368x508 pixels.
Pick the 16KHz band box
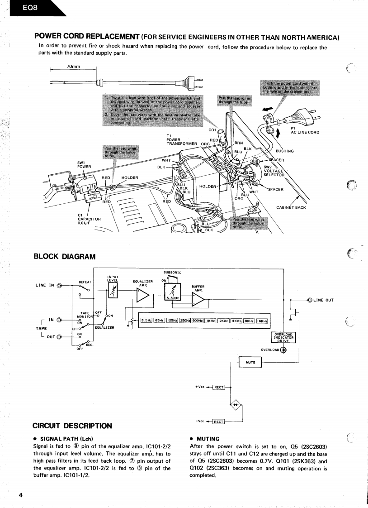coord(262,321)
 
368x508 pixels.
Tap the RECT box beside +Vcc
coord(219,387)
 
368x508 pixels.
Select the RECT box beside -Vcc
coord(219,422)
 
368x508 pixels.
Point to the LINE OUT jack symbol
coord(310,299)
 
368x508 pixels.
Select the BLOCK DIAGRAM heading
coord(65,256)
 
